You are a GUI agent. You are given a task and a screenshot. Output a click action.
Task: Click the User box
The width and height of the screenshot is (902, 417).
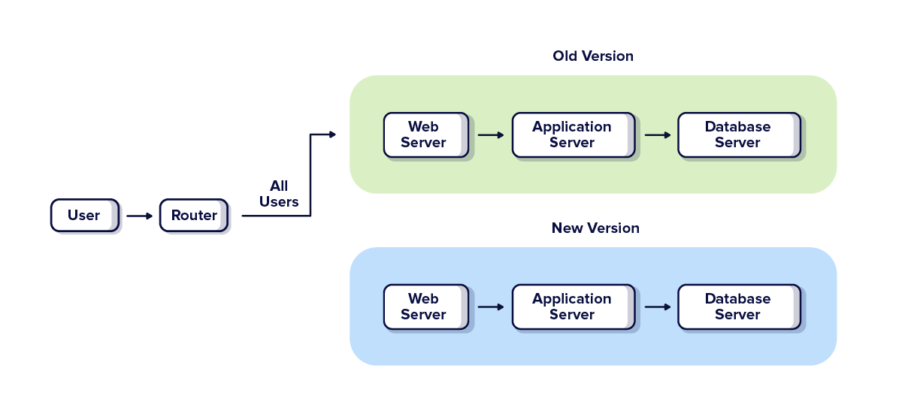pos(84,216)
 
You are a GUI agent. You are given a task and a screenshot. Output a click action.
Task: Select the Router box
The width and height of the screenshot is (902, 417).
pos(193,216)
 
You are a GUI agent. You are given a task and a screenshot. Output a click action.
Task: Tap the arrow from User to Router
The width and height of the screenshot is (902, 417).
pos(139,216)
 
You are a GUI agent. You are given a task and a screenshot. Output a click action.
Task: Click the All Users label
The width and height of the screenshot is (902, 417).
pos(279,194)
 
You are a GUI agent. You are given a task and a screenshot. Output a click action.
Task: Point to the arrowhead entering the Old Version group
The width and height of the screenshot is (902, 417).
pos(332,134)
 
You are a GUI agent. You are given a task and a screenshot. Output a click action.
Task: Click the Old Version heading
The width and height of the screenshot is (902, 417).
pos(592,56)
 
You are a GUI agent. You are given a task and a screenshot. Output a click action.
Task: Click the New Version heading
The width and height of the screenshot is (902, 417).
pos(595,228)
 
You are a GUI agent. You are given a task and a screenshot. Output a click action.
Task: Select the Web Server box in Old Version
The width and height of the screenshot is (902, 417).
pos(425,135)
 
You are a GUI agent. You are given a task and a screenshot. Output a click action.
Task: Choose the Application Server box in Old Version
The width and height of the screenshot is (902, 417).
pos(573,135)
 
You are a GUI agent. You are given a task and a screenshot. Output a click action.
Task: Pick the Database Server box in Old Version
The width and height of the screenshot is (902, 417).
pos(738,135)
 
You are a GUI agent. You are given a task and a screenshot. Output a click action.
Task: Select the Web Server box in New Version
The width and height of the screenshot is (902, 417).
pos(425,307)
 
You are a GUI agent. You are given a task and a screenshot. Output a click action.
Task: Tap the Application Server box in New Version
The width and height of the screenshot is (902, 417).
pos(573,307)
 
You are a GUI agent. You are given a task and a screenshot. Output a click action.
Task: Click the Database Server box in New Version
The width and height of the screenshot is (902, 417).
pos(738,307)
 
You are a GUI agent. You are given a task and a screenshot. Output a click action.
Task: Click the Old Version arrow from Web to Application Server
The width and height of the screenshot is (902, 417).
pos(491,135)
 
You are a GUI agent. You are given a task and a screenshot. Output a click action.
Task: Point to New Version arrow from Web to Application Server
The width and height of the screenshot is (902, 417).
pos(491,307)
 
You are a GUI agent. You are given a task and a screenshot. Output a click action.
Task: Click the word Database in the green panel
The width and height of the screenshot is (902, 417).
pos(737,127)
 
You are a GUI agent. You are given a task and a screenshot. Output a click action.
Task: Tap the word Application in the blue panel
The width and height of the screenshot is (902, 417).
pos(572,299)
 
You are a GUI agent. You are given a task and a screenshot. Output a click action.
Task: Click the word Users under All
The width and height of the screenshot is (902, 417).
pos(279,202)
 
